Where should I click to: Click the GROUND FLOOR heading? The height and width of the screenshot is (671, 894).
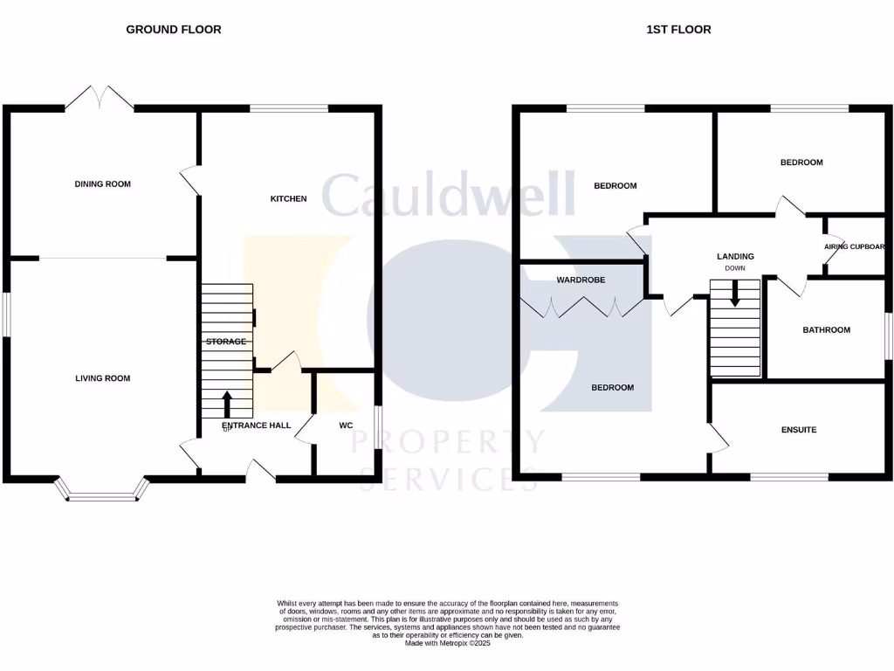tap(174, 30)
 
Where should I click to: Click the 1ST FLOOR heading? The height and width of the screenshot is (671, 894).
tap(678, 30)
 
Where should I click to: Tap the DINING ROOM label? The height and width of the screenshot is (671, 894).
tap(102, 184)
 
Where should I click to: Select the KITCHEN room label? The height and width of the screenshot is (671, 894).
tap(288, 199)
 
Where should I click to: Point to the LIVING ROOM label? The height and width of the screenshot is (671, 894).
tap(102, 378)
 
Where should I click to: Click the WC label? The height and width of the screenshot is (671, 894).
tap(345, 425)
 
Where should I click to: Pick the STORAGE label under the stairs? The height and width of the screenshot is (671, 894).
tap(226, 342)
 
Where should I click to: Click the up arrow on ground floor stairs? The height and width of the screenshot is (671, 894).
tap(227, 405)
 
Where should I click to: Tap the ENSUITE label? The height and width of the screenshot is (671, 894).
tap(799, 430)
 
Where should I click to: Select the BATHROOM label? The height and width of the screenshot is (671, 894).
tap(826, 330)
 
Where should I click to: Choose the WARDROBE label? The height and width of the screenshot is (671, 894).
tap(581, 280)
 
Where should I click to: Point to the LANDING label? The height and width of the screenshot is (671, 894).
tap(735, 256)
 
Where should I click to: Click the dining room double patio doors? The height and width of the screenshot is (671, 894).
tap(100, 98)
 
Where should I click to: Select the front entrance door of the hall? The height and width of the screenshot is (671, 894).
tap(260, 473)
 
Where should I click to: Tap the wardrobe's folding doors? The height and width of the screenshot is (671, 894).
tap(581, 307)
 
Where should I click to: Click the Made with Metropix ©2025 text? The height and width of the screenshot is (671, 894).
tap(448, 643)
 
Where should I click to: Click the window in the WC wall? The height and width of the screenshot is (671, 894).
tap(379, 426)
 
